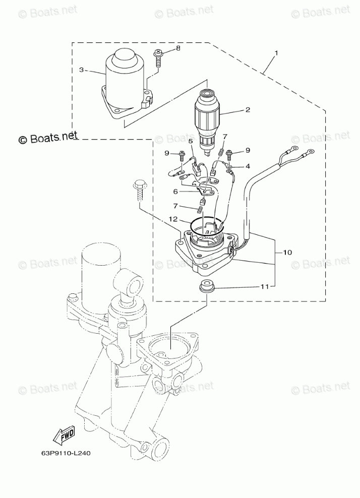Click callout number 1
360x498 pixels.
pos(276,53)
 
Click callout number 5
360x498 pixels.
pos(175,191)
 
